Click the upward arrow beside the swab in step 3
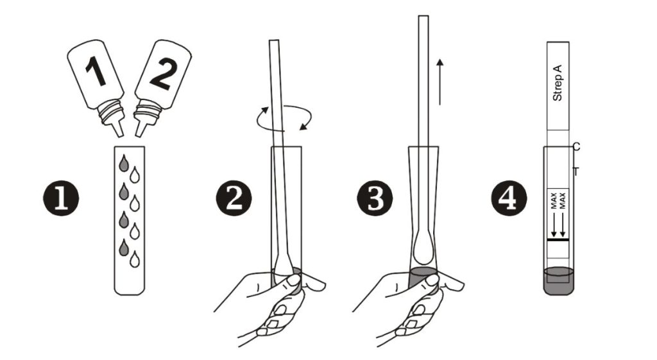click(439, 80)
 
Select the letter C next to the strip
click(576, 147)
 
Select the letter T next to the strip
click(576, 171)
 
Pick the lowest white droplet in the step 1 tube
click(134, 259)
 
